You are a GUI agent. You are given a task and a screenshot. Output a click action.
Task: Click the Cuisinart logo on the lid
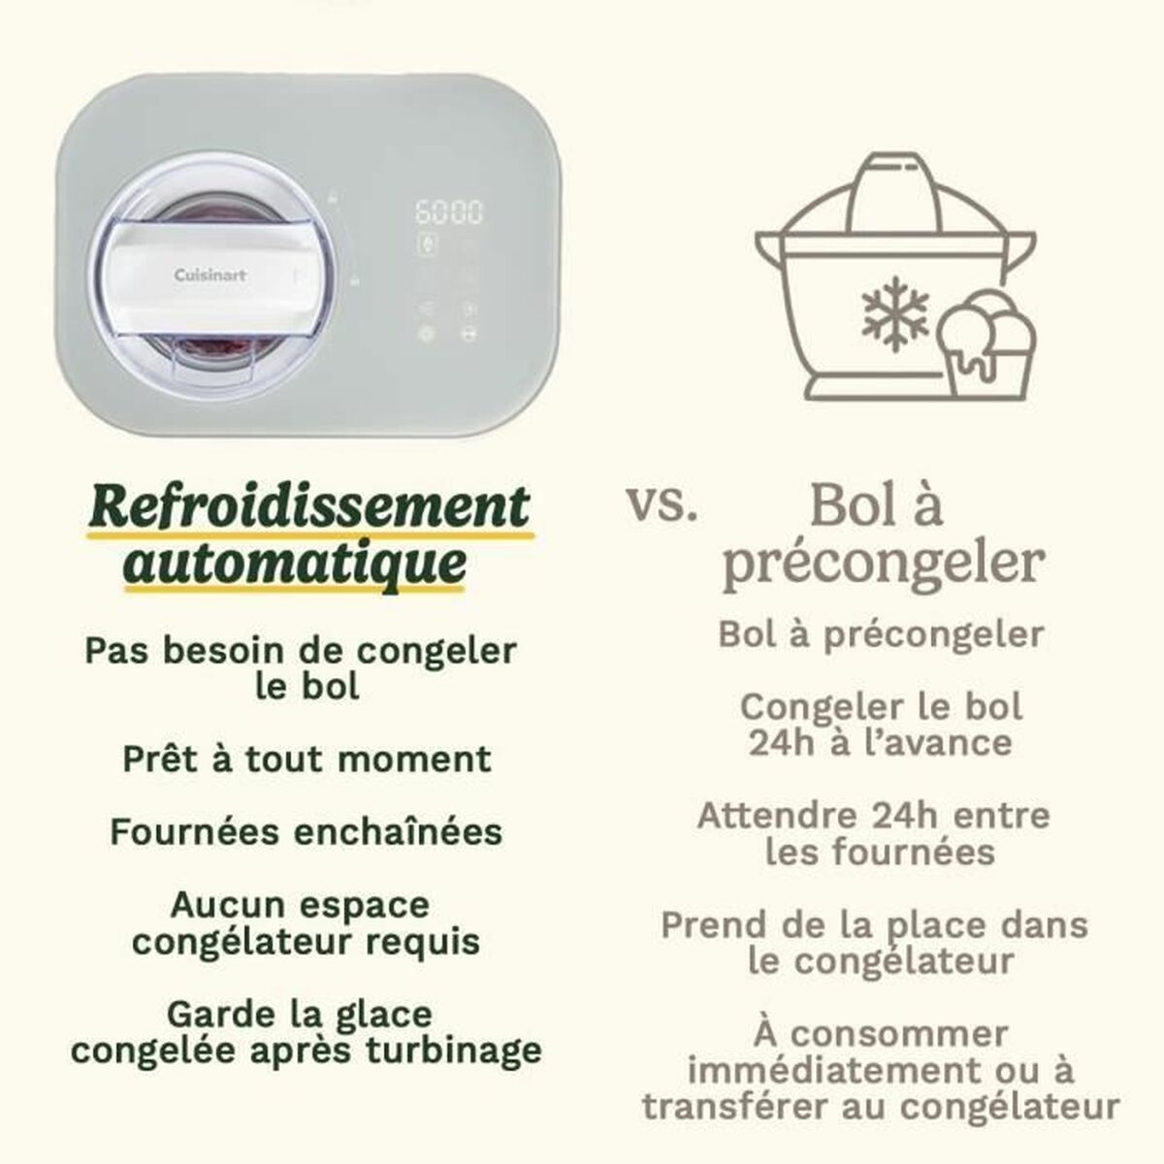coord(210,275)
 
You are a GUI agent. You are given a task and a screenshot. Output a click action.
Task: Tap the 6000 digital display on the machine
coord(448,211)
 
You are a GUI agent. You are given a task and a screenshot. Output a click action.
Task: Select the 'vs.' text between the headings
coord(662,506)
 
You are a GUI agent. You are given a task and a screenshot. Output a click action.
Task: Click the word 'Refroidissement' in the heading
coord(309,507)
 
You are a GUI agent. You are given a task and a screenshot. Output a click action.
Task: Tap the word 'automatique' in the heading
coord(296,564)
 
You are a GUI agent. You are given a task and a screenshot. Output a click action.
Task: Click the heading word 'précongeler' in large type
coord(884,563)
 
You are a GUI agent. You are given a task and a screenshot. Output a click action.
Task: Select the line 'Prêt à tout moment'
coord(307,760)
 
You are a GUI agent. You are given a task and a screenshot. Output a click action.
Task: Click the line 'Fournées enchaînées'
coord(307,832)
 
